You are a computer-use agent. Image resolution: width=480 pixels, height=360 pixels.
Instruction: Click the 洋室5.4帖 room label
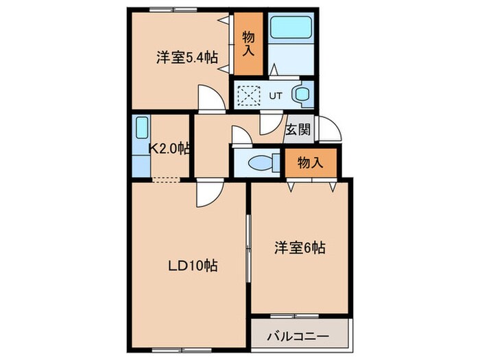pyautogui.click(x=187, y=58)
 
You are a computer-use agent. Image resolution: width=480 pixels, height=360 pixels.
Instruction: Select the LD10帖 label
pyautogui.click(x=193, y=266)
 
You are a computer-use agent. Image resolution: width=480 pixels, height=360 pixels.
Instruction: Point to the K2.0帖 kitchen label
pyautogui.click(x=169, y=147)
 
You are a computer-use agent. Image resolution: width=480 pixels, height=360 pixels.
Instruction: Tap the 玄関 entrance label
pyautogui.click(x=297, y=128)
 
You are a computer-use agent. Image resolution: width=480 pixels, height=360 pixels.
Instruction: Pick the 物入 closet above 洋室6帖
pyautogui.click(x=311, y=162)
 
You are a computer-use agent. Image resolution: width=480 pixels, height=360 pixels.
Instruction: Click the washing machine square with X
pyautogui.click(x=250, y=94)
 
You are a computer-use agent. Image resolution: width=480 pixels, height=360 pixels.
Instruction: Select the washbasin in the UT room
pyautogui.click(x=302, y=95)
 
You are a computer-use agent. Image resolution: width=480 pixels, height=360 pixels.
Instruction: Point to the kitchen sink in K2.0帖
pyautogui.click(x=141, y=128)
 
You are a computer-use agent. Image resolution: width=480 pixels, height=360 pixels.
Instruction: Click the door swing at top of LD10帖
pyautogui.click(x=206, y=193)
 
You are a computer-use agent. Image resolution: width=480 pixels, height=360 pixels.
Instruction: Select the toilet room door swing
pyautogui.click(x=241, y=136)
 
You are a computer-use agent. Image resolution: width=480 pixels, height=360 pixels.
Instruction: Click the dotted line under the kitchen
pyautogui.click(x=167, y=181)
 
